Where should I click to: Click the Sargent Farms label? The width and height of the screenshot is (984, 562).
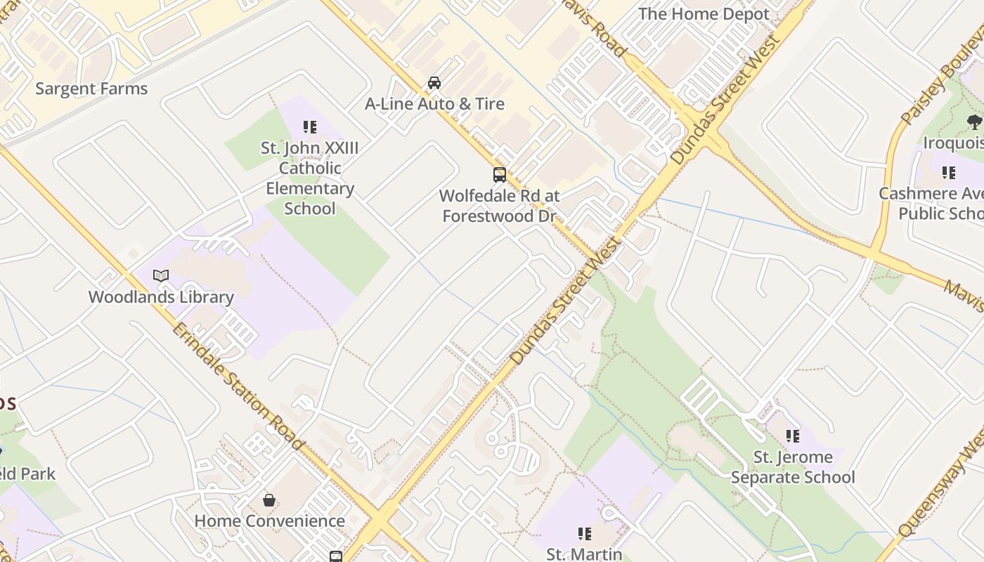[x=91, y=89]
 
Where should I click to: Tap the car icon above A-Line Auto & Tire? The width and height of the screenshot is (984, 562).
[x=434, y=83]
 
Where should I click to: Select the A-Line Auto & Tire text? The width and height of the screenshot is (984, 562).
[x=434, y=104]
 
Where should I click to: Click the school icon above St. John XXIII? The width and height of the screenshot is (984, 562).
[x=310, y=127]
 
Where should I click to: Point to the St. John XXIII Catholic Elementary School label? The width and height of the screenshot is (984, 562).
[x=310, y=178]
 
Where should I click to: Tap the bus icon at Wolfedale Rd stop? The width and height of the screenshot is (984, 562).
[x=500, y=174]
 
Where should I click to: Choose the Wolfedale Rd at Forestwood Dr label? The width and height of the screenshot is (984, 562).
[x=499, y=206]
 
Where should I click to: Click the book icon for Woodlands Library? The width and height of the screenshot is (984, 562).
[x=161, y=275]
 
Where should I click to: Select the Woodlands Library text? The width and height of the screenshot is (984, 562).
[x=161, y=297]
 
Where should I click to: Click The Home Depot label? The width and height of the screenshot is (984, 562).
[x=704, y=14]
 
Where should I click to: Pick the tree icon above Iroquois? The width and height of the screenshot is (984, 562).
[x=974, y=122]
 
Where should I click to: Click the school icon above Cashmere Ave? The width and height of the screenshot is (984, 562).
[x=949, y=172]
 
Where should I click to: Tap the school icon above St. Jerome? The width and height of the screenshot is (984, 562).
[x=793, y=436]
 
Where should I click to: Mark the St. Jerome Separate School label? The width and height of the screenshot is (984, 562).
[x=793, y=467]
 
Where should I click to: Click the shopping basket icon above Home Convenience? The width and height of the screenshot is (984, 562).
[x=269, y=500]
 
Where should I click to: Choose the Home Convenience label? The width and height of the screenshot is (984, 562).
[x=269, y=521]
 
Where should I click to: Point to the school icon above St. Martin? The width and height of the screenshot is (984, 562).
[x=584, y=534]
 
